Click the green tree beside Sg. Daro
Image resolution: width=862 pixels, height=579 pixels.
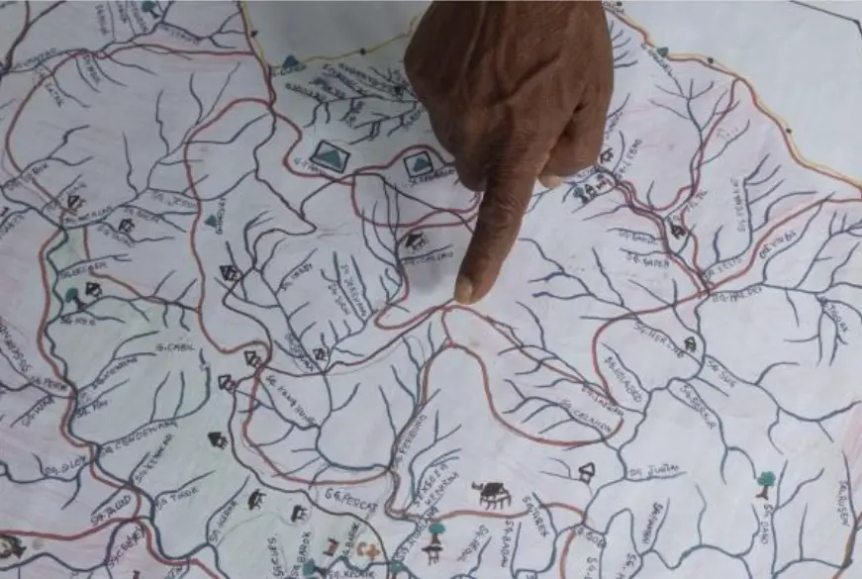[x=766, y=482]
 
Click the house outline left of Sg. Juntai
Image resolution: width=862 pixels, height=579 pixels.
[x=587, y=471]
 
